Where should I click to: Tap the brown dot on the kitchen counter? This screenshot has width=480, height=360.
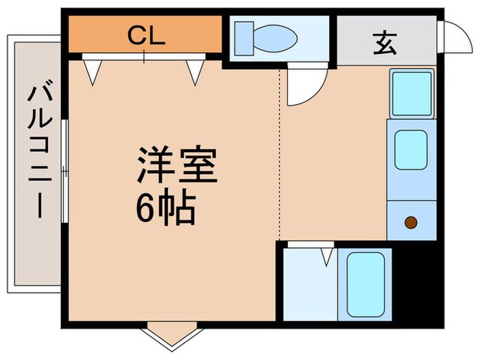click(x=410, y=221)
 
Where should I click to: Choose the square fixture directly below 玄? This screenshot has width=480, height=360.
click(x=411, y=93)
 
